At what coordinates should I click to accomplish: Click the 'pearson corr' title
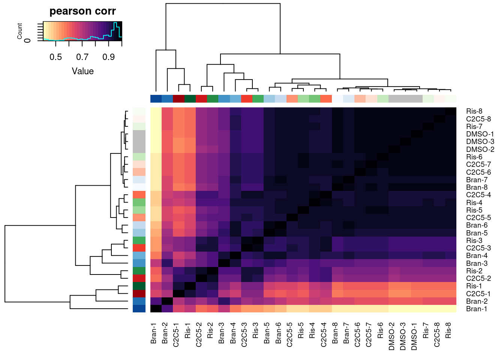tap(82, 11)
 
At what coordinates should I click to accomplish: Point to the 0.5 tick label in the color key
tap(56, 57)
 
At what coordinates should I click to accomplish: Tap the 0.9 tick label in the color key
tap(109, 57)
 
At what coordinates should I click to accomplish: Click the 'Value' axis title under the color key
tap(82, 71)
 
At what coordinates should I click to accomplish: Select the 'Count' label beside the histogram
tap(20, 31)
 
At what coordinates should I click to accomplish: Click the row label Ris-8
tap(474, 111)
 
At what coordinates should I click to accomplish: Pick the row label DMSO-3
tap(480, 142)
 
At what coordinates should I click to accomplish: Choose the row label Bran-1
tap(476, 309)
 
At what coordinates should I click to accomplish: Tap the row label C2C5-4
tap(478, 195)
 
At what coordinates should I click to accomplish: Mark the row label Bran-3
tap(477, 263)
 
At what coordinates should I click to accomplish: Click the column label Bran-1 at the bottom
tap(154, 333)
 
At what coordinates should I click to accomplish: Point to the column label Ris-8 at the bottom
tap(448, 330)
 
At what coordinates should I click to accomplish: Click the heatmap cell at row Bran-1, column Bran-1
tap(156, 309)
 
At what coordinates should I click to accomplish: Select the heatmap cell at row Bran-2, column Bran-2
tap(167, 301)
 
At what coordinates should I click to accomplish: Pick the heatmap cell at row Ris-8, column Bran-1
tap(156, 111)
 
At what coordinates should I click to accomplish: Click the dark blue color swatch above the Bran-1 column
tap(156, 99)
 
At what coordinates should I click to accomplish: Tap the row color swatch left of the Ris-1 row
tap(139, 286)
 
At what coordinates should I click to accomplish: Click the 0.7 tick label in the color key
tap(82, 57)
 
